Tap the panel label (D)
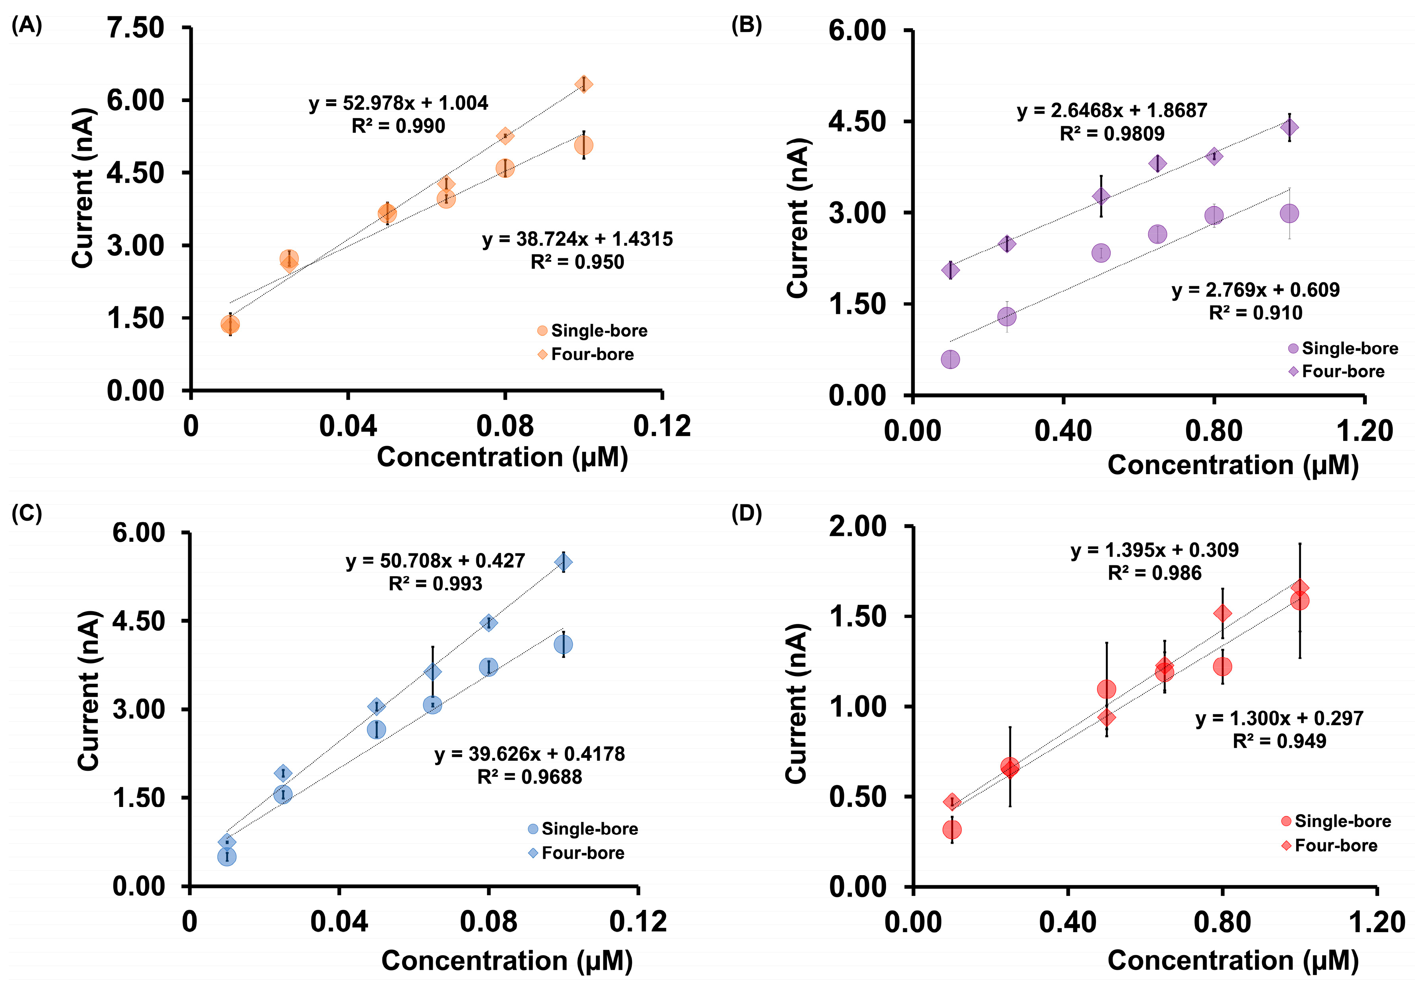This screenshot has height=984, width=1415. coord(746,513)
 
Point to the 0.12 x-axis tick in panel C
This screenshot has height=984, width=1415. coord(638,922)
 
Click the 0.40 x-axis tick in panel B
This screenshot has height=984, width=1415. coord(1063,431)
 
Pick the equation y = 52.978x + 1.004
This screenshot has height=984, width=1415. coord(398,103)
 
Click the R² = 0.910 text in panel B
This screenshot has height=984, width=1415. coord(1255,313)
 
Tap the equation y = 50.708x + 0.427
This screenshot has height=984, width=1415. coord(435,561)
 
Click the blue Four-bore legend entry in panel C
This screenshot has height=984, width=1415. coord(576,853)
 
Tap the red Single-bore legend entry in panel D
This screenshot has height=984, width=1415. coord(1336,821)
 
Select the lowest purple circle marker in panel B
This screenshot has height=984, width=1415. coord(950,359)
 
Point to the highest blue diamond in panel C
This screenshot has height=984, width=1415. coord(563,562)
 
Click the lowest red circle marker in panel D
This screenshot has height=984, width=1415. coord(952,829)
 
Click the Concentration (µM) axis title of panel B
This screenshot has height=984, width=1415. coord(1233,465)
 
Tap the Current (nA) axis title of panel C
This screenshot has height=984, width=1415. coord(89,690)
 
